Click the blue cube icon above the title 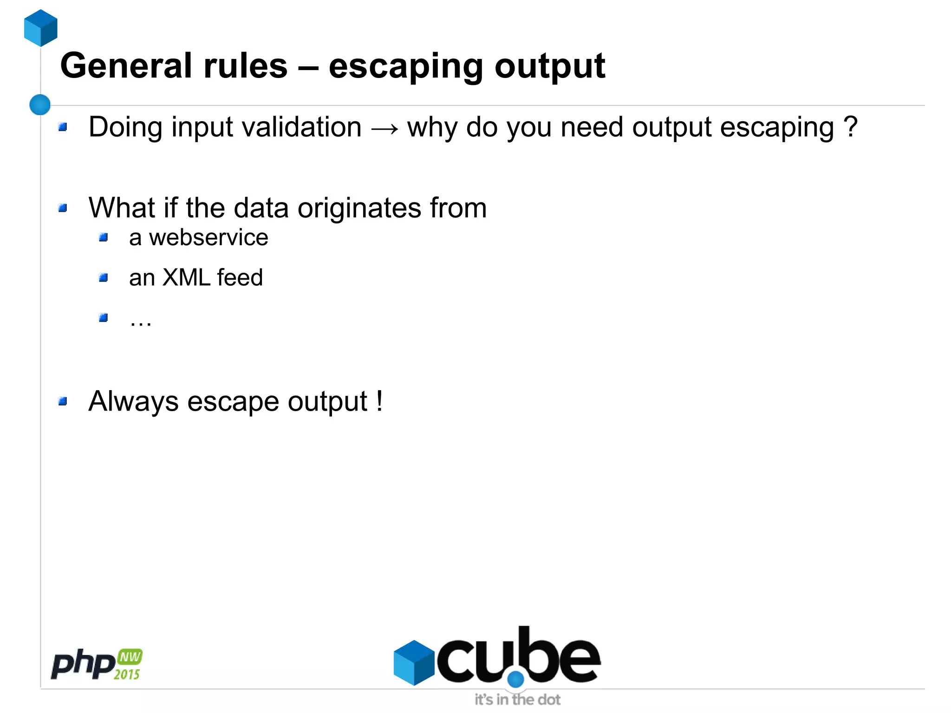pos(40,28)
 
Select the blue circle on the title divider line pos(40,105)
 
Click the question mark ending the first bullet pos(851,126)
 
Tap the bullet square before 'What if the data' pos(63,208)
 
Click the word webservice pos(208,238)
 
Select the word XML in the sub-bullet pos(186,278)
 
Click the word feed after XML pos(240,278)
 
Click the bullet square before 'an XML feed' pos(104,278)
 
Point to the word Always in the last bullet pos(134,401)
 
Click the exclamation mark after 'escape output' pos(380,400)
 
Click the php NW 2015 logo pos(97,664)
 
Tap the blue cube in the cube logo pos(413,662)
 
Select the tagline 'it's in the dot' pos(517,700)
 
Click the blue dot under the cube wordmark pos(515,679)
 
